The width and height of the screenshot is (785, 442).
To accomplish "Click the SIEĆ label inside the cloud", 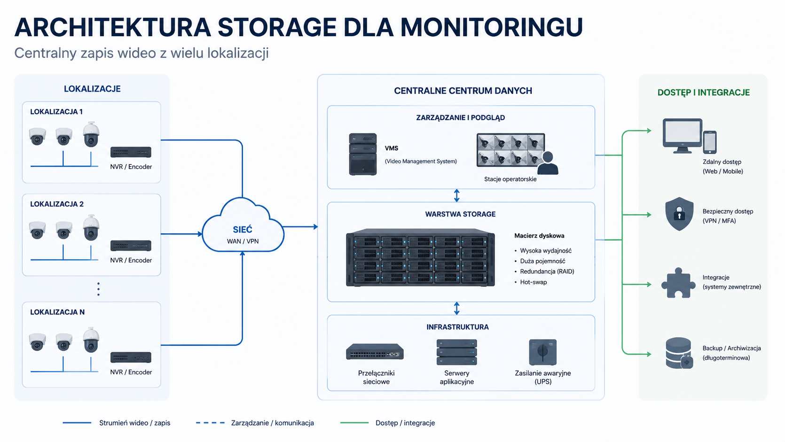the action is click(243, 229).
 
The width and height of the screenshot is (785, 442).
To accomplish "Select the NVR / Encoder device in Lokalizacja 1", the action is click(131, 152).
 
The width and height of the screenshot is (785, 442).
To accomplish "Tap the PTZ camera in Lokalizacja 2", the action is click(91, 227).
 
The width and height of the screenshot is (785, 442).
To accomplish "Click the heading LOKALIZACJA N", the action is click(57, 312).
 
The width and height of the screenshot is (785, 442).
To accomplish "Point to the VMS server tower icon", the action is click(363, 154).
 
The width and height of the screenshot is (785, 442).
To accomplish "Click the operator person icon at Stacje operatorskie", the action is click(548, 163).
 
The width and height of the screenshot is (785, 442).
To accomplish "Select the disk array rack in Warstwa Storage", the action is click(420, 258).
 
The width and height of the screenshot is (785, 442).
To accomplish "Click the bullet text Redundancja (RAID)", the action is click(547, 271).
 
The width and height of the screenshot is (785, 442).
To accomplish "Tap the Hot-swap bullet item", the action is click(534, 282).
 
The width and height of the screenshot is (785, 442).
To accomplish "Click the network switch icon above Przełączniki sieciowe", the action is click(375, 352).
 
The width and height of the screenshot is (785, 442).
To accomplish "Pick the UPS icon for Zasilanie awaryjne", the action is click(542, 352).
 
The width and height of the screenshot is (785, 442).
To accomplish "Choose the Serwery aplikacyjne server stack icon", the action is click(456, 352).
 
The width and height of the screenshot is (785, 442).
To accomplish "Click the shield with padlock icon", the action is click(679, 214).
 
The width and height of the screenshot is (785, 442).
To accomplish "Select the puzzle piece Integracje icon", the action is click(678, 283).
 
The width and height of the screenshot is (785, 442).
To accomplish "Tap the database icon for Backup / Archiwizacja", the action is click(679, 353).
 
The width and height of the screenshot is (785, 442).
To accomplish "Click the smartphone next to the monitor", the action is click(710, 142).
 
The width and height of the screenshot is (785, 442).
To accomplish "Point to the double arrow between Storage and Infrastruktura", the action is click(456, 309).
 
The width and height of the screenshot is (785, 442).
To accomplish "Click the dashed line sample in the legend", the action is click(210, 423).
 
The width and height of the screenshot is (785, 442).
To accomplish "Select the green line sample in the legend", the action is click(354, 423).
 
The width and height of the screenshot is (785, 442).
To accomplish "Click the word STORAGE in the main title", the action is click(277, 27).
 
